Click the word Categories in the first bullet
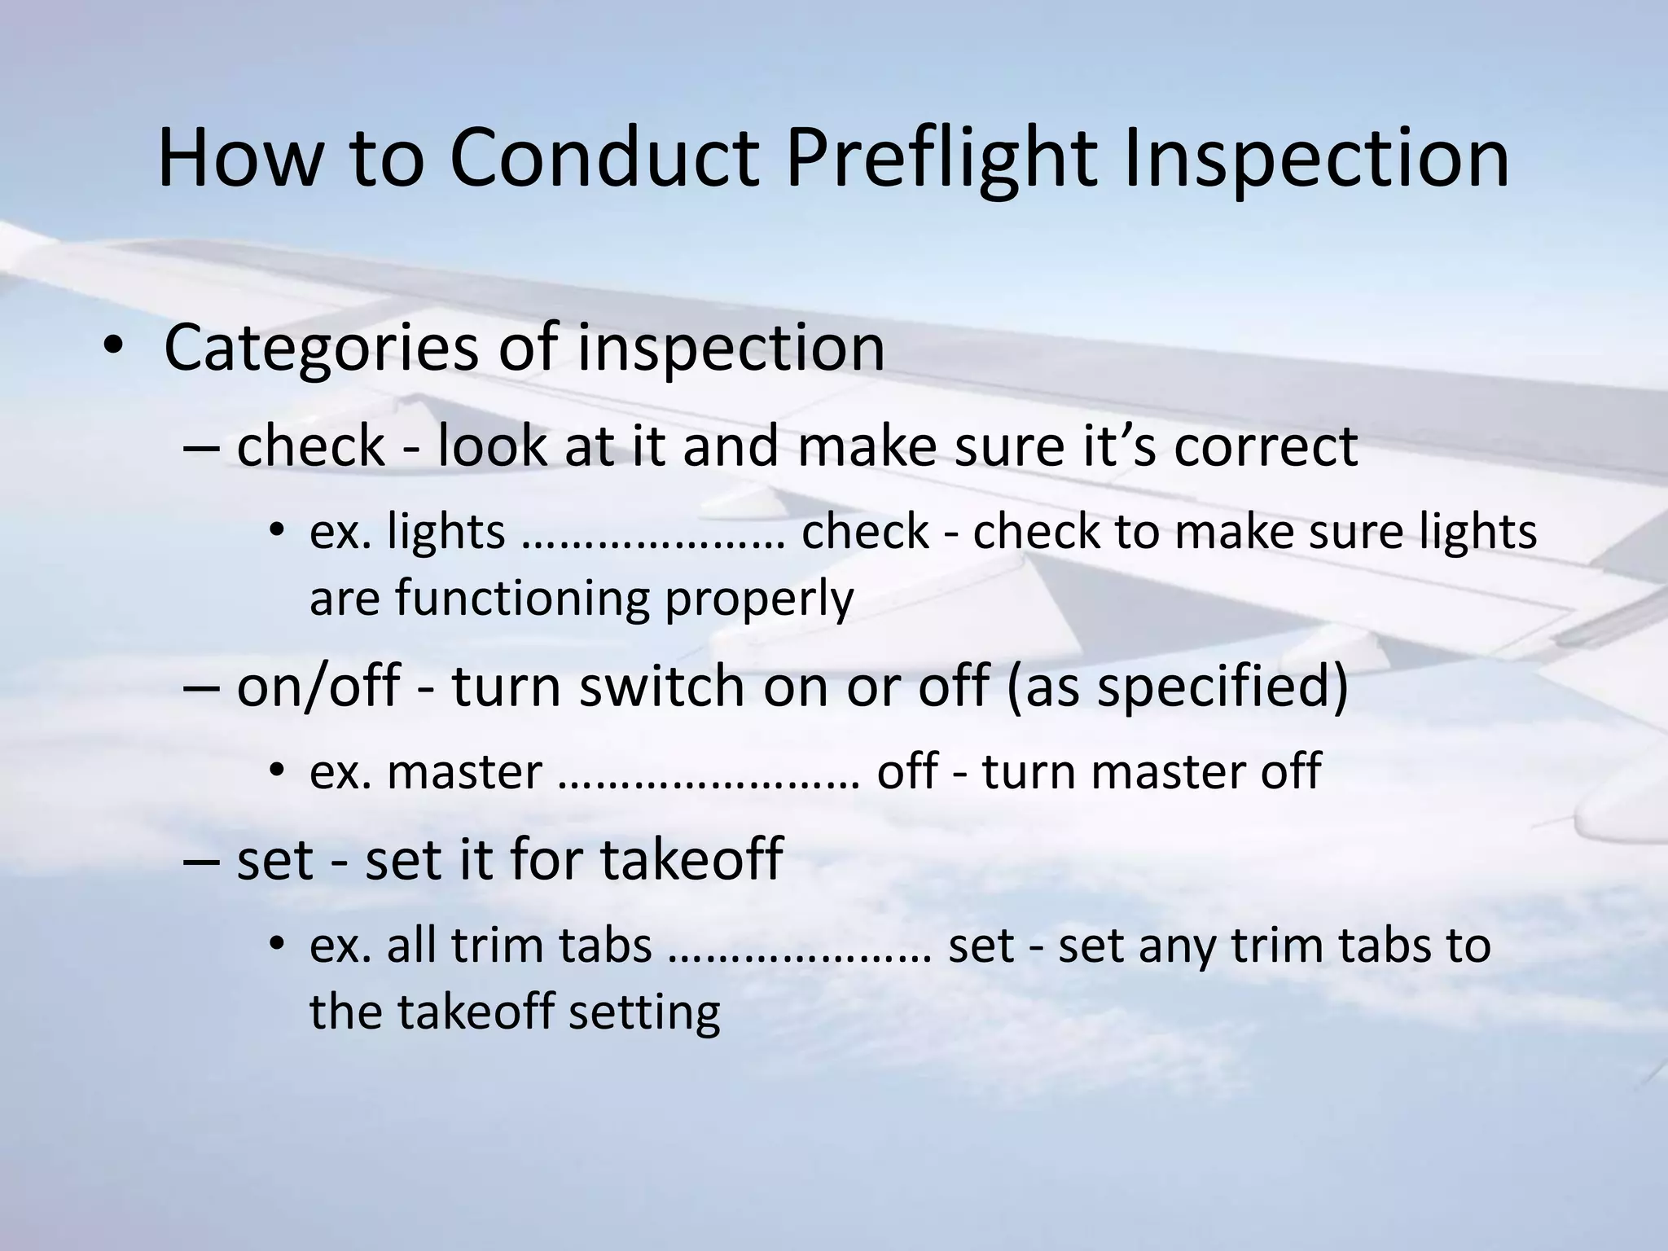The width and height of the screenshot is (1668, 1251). coord(321,349)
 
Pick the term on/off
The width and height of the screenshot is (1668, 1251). coord(318,686)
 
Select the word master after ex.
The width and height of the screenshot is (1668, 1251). coord(464,773)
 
